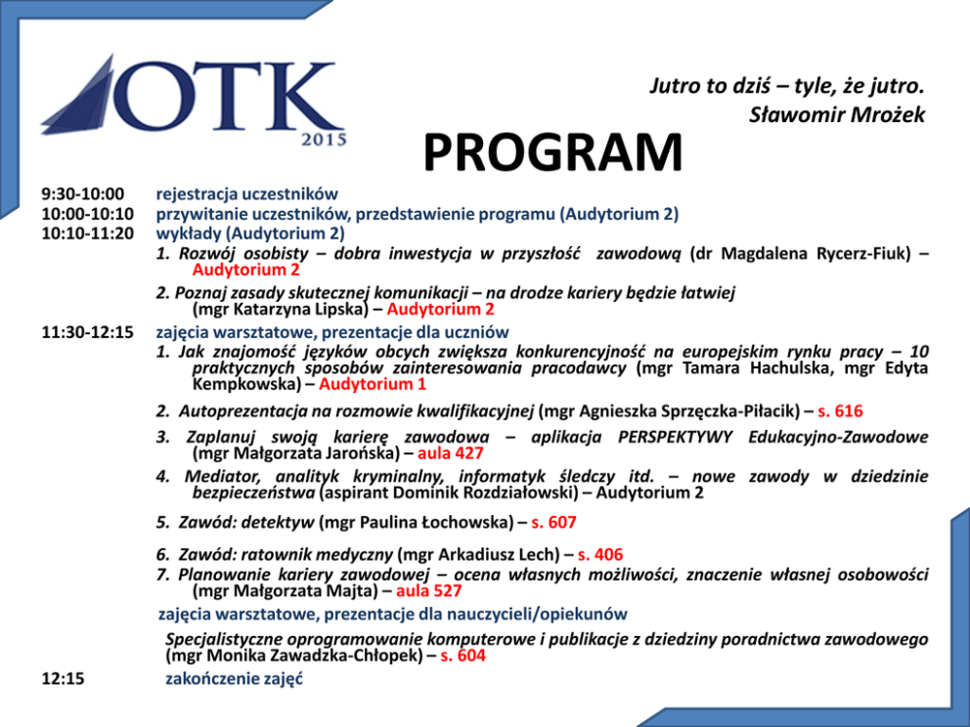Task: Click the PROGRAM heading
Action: [x=552, y=153]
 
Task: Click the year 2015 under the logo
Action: [x=324, y=140]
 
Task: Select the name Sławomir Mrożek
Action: [x=837, y=115]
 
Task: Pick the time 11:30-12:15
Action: [x=87, y=332]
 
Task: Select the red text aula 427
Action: [x=450, y=453]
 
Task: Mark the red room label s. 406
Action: [x=599, y=555]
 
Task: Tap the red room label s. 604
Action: [x=463, y=657]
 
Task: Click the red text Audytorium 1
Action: [x=373, y=384]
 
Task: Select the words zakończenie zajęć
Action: [x=234, y=678]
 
